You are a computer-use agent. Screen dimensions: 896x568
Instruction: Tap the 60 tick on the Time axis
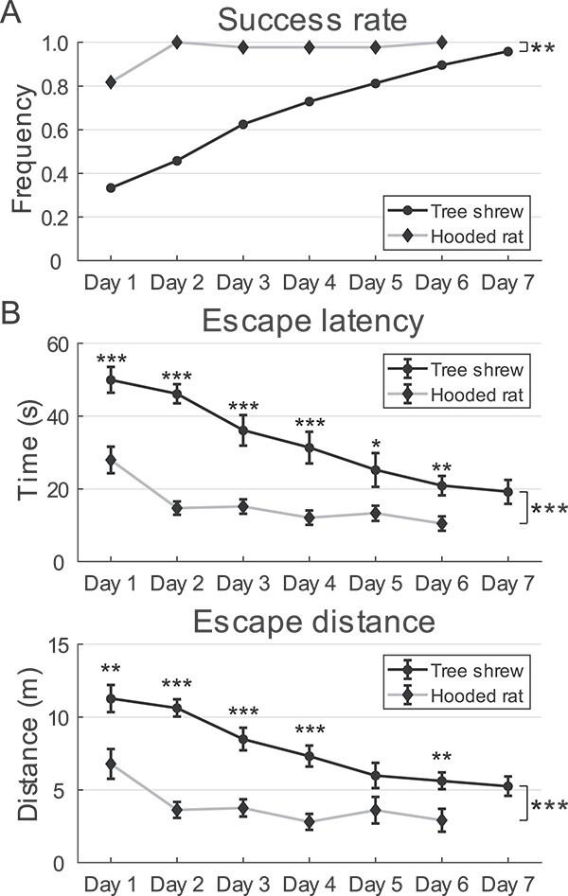coord(60,344)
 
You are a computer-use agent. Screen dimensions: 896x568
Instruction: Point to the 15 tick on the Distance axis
coord(60,644)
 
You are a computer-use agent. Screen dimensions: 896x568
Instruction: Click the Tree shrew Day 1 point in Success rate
coord(112,187)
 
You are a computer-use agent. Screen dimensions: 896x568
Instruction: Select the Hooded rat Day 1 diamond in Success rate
coord(112,82)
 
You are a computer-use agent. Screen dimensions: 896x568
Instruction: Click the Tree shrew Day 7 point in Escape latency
coord(507,491)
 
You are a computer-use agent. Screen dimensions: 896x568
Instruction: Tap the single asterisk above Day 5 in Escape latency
coord(375,444)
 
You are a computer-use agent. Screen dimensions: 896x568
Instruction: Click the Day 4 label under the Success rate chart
coord(310,283)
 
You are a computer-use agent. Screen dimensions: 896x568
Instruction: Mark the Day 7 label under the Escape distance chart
coord(507,884)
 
